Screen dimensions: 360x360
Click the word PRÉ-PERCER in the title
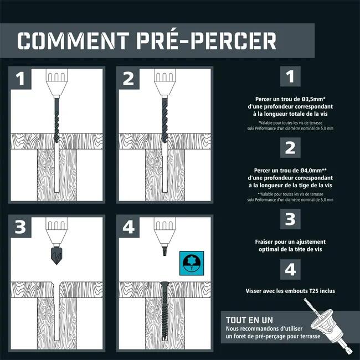tap(207, 40)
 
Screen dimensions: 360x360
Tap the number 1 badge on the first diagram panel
tap(20, 79)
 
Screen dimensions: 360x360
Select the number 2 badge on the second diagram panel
tap(128, 79)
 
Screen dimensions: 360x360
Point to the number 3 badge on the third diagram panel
tap(20, 227)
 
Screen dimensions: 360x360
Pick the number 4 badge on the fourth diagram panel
tap(128, 227)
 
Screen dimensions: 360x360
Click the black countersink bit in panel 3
tap(56, 255)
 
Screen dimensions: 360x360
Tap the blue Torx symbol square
tap(192, 263)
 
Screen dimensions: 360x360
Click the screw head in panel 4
tap(164, 284)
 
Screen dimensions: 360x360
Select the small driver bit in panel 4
tap(164, 250)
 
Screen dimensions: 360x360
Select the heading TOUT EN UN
tap(249, 320)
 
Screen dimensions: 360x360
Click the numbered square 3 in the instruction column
tap(290, 219)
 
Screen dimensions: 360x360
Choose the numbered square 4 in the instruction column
tap(290, 269)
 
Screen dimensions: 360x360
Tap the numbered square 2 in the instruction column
tap(290, 148)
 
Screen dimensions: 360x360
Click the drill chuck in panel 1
tap(56, 83)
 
